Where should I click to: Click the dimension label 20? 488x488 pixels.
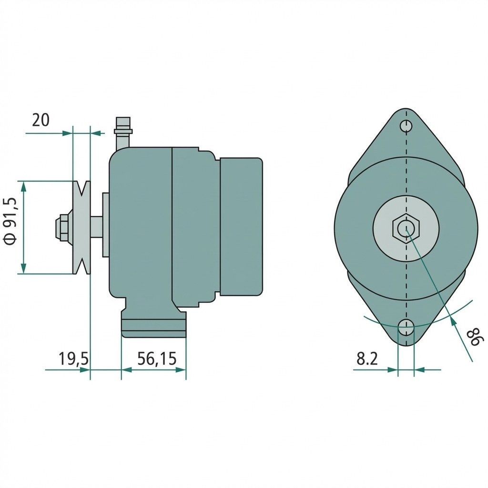[x=41, y=120]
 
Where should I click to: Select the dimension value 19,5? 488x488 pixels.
[x=73, y=358]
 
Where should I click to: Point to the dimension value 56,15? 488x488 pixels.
[x=157, y=358]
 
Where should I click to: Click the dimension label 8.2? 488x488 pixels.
[x=367, y=358]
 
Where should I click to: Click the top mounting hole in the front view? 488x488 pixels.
[x=406, y=126]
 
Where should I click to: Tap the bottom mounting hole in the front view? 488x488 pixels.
[x=406, y=327]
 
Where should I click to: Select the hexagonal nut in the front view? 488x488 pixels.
[x=406, y=228]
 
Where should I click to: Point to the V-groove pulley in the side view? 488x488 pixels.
[x=81, y=227]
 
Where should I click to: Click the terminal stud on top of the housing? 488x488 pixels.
[x=122, y=132]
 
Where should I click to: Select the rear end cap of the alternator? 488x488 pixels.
[x=241, y=226]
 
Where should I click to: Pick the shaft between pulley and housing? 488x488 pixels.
[x=96, y=227]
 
